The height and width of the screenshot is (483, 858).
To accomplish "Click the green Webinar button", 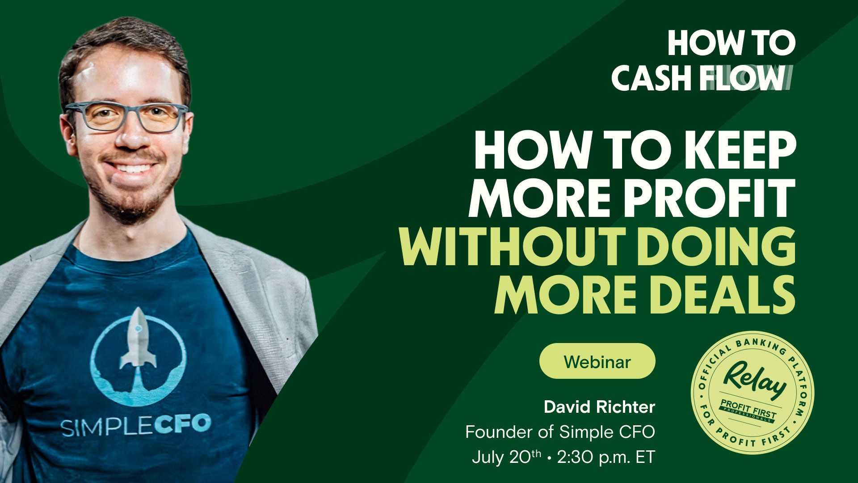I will tap(597, 361).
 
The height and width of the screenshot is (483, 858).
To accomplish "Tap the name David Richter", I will tap(599, 407).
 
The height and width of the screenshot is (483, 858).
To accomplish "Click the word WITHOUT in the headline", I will tap(512, 247).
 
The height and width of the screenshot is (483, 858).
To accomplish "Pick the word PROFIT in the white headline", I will tap(710, 198).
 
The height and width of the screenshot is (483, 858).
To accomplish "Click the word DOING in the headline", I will tap(716, 247).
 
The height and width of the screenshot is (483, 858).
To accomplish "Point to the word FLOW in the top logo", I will tap(742, 79).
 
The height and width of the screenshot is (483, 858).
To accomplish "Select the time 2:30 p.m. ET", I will tap(606, 457).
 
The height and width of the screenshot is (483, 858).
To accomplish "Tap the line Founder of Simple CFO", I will tap(560, 432).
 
